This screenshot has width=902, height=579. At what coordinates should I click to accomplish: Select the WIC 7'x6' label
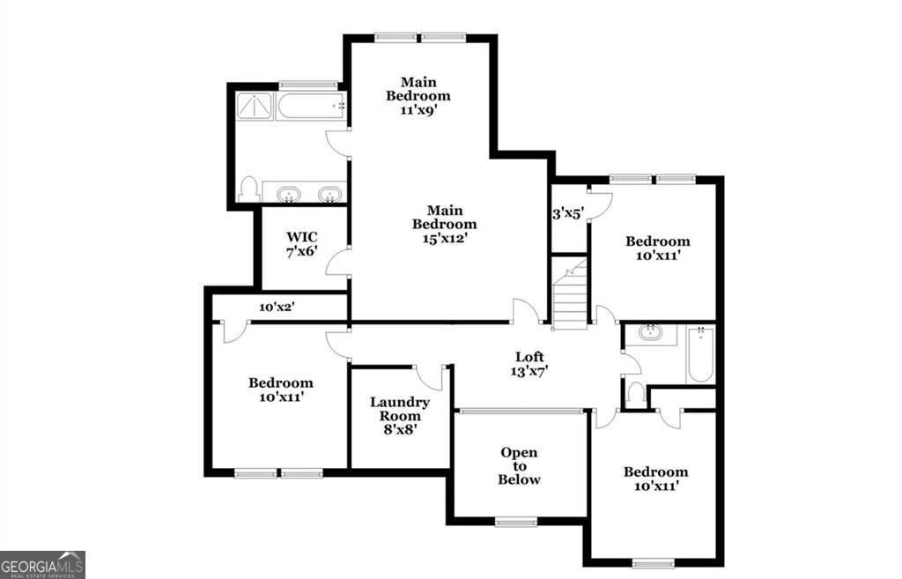point(301,243)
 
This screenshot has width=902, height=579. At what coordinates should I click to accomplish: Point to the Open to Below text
point(519,466)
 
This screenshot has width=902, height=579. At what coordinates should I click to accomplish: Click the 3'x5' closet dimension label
point(568,212)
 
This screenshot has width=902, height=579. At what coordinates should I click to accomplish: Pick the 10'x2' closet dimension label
point(277,308)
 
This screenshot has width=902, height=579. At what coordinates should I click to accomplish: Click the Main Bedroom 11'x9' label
point(418,95)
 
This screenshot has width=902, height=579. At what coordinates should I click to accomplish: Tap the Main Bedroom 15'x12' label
point(445,224)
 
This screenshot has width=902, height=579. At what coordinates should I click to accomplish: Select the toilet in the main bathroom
point(248,189)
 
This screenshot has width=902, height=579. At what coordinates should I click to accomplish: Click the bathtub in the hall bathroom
point(700,354)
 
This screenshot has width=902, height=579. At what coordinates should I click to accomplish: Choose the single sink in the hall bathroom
point(651,334)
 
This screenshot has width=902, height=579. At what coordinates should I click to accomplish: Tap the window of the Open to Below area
point(516,522)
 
